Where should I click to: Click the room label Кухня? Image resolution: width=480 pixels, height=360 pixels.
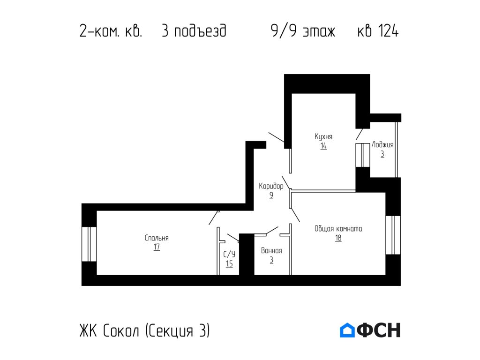tap(323, 136)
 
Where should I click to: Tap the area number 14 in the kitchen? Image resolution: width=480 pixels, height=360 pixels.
tap(323, 146)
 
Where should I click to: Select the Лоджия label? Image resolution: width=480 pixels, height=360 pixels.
tap(382, 145)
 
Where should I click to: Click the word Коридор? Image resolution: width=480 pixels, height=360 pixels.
tap(271, 186)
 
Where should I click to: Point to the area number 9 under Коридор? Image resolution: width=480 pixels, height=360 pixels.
tap(271, 196)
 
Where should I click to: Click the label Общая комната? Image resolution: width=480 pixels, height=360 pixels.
tap(338, 229)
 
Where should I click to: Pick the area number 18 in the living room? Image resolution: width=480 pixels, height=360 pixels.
tap(338, 238)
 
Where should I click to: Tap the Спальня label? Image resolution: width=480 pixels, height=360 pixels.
tap(157, 238)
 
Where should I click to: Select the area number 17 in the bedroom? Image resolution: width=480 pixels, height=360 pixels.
tap(157, 247)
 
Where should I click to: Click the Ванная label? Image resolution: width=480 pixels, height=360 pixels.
tap(271, 250)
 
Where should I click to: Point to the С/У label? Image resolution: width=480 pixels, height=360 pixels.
tap(229, 254)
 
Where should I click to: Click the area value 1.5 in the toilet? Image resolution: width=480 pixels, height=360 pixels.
tap(229, 263)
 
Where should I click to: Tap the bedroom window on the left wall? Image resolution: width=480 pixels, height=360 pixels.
tap(89, 244)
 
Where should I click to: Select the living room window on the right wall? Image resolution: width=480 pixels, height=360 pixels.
tap(393, 235)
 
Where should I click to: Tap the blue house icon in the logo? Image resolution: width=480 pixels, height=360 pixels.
tap(347, 330)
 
